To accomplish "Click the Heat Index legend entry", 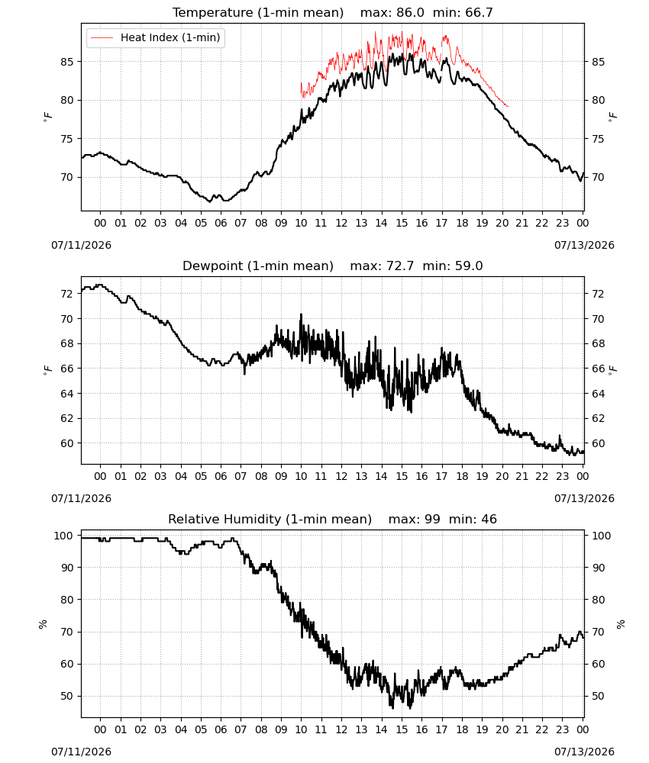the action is pyautogui.click(x=155, y=37).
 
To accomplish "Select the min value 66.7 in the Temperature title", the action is pyautogui.click(x=479, y=12).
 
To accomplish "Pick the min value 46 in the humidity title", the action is pyautogui.click(x=489, y=519).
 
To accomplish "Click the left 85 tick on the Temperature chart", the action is pyautogui.click(x=67, y=62).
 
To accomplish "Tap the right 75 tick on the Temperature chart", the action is pyautogui.click(x=598, y=139).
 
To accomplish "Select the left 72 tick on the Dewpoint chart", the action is pyautogui.click(x=67, y=294).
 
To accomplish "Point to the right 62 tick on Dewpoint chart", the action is pyautogui.click(x=598, y=418).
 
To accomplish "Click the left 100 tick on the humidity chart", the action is pyautogui.click(x=64, y=536).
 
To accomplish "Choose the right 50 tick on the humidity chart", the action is pyautogui.click(x=598, y=697).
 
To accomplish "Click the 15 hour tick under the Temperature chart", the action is pyautogui.click(x=402, y=223).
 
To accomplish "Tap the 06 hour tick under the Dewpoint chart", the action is pyautogui.click(x=221, y=476).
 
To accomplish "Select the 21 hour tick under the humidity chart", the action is pyautogui.click(x=522, y=729).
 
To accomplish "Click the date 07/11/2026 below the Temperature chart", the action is pyautogui.click(x=81, y=245).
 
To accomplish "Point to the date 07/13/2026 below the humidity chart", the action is pyautogui.click(x=584, y=752).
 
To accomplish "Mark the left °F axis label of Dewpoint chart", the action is pyautogui.click(x=47, y=369).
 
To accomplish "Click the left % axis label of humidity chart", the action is pyautogui.click(x=43, y=624).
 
